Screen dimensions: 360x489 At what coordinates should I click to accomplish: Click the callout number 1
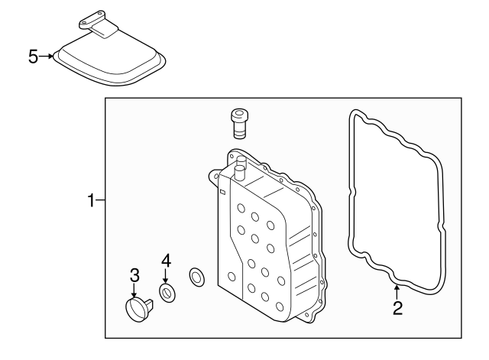point(91,201)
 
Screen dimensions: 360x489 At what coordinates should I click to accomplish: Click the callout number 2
point(397,308)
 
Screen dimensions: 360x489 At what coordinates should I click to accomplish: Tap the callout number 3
point(134,275)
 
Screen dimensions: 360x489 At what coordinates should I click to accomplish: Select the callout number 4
point(166,260)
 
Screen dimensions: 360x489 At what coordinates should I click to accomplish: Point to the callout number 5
point(33,56)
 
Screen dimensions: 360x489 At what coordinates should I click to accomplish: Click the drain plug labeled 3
point(138,309)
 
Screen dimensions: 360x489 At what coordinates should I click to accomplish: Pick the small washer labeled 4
point(166,292)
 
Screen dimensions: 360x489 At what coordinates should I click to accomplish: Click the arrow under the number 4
point(166,276)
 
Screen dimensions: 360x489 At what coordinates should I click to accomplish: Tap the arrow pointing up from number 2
point(397,291)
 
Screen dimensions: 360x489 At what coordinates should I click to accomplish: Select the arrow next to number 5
point(47,56)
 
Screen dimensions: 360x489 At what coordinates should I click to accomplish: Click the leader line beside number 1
point(101,201)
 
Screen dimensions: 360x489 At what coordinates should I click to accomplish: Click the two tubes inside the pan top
point(240,167)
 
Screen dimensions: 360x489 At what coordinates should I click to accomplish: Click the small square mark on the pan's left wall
point(221,193)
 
